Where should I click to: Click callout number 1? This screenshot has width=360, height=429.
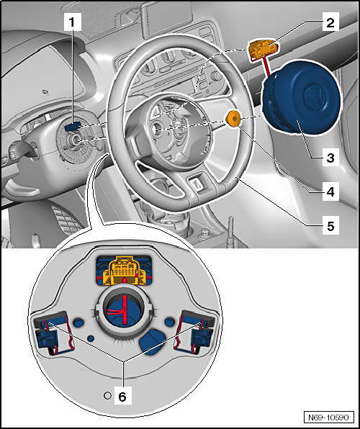[x=72, y=22]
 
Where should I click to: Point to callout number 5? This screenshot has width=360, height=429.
[x=330, y=225]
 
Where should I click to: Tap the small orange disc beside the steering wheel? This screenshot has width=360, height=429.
[x=233, y=119]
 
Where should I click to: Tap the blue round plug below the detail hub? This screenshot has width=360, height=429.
[x=152, y=341]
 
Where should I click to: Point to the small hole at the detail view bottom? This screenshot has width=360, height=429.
[x=107, y=394]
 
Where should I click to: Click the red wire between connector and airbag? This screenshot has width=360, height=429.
[x=269, y=69]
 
